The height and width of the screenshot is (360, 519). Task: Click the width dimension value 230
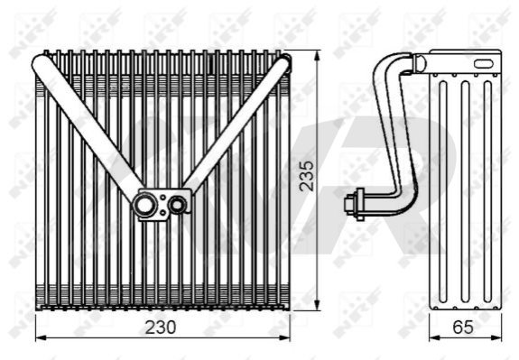pos(161,328)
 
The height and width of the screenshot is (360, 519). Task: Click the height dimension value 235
pos(307,176)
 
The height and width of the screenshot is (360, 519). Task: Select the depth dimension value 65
pos(463,328)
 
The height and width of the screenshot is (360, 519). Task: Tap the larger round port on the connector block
pos(144,205)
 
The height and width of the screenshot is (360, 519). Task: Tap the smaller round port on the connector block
pos(177,205)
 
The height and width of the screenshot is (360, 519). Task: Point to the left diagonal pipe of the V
pos(88,127)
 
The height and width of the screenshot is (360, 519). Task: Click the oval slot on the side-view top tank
pos(485,63)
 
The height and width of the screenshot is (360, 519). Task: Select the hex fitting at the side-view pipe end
pos(355,204)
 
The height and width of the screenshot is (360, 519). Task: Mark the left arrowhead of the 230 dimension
pos(41,337)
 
